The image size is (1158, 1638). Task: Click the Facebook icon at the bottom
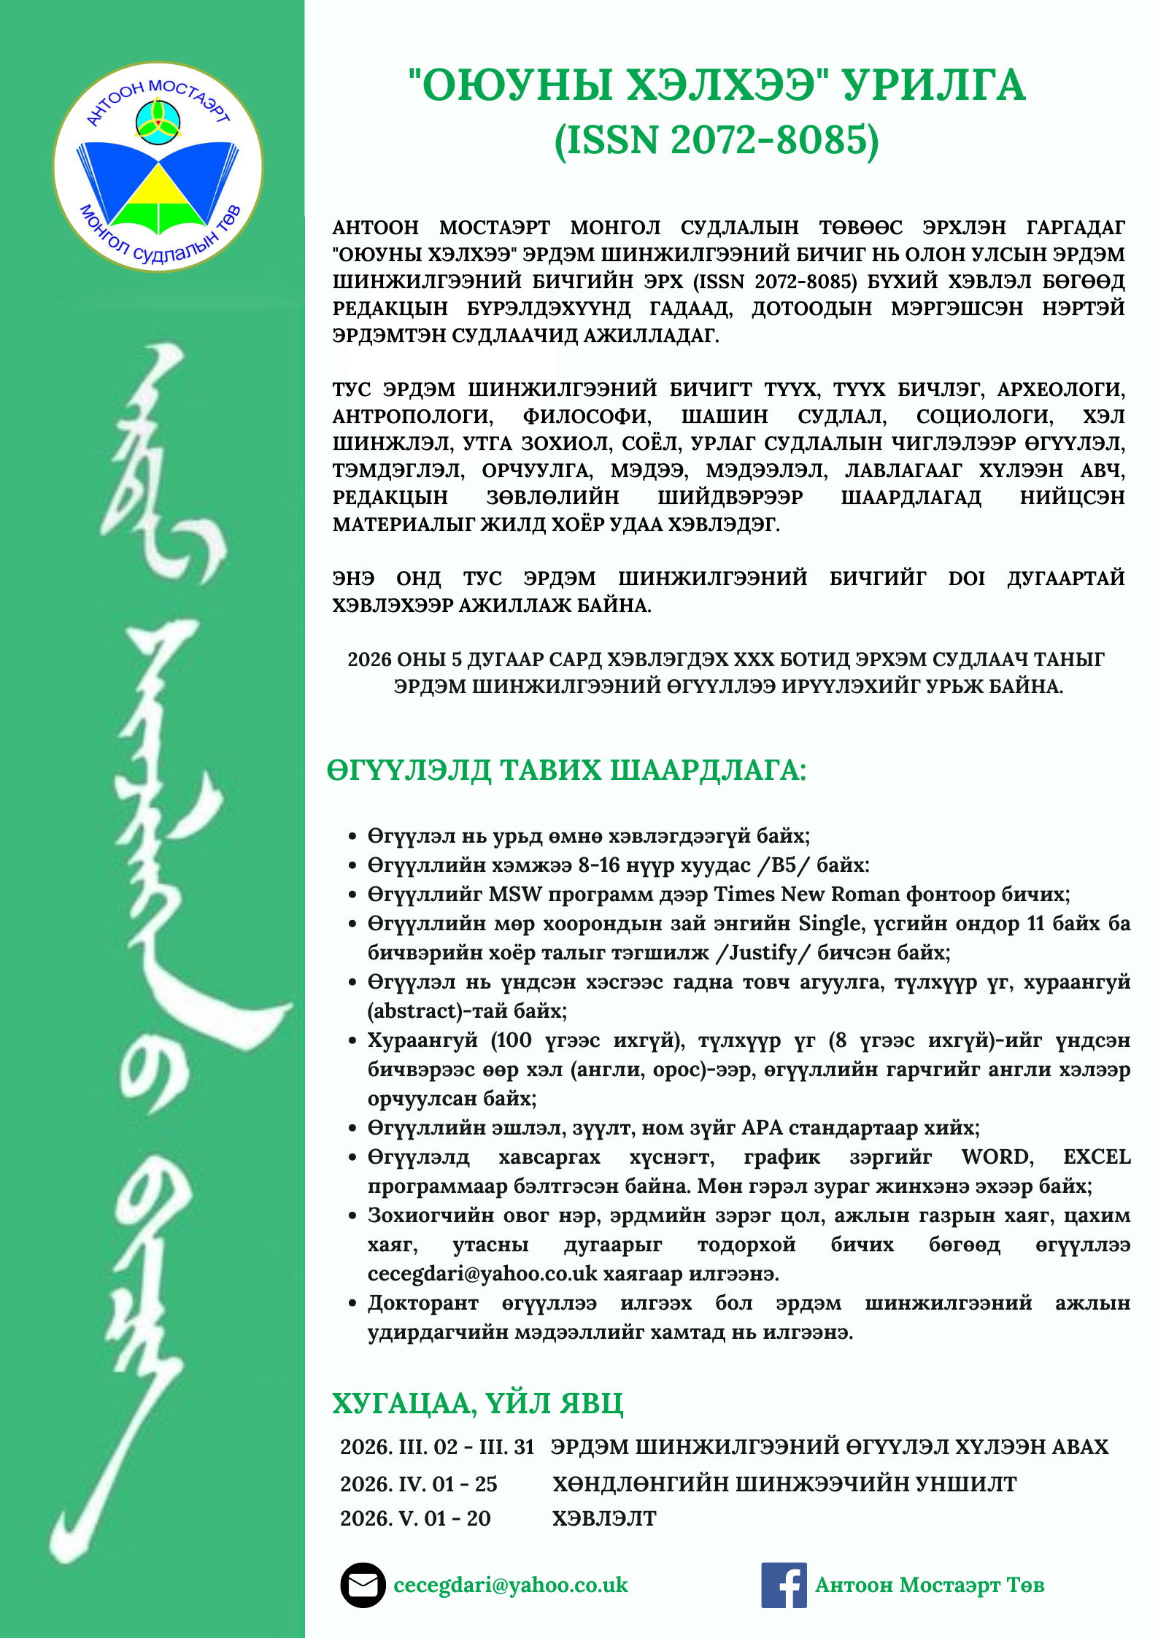coord(784,1585)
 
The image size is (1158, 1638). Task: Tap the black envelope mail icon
coord(363,1585)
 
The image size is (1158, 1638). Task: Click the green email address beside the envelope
coord(510,1585)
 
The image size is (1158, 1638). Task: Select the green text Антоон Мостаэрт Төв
coord(930,1585)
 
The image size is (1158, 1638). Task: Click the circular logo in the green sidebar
coord(158,166)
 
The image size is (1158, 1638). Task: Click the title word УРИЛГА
coord(934,85)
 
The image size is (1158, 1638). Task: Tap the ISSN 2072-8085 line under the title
coord(717,139)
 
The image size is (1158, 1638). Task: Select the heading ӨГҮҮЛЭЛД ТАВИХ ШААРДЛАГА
coord(566,770)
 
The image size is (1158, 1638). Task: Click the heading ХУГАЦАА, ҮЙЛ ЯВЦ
coord(477,1403)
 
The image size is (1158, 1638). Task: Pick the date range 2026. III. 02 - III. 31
coord(437,1447)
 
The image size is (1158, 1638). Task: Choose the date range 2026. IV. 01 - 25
coord(418,1484)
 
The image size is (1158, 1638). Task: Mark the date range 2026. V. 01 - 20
coord(415,1518)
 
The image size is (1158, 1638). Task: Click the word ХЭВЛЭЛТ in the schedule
coord(604,1518)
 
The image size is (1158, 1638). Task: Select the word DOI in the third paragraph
coord(966,579)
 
